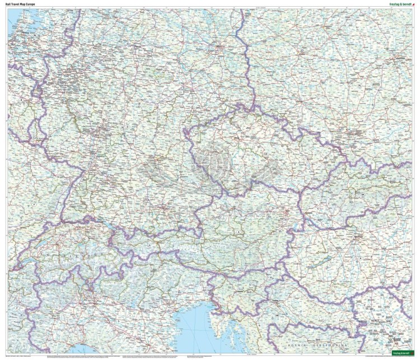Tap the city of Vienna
click(287, 213)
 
